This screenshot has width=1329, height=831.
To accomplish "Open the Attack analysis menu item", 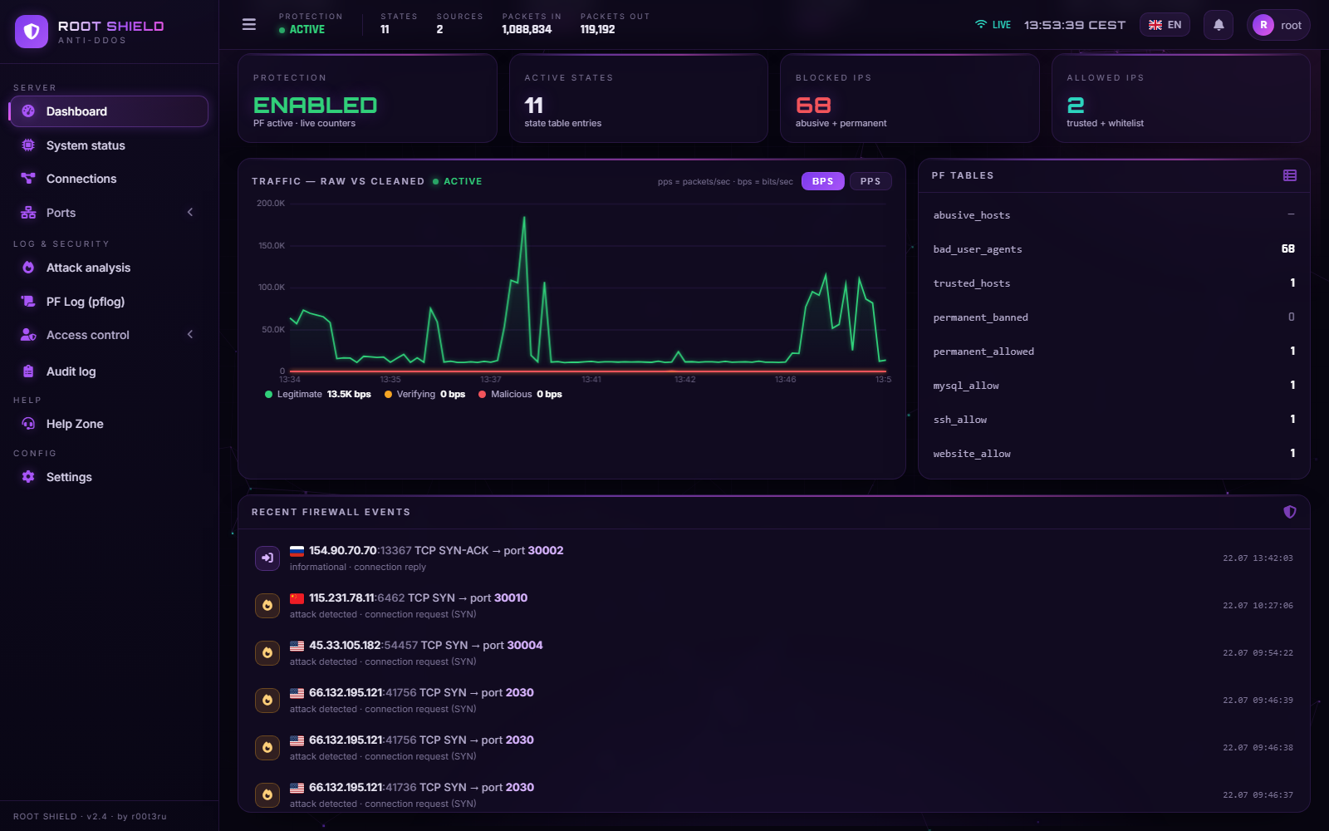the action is point(88,268).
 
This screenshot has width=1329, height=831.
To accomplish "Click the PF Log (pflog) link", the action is point(85,302).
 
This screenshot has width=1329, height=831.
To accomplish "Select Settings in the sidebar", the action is point(69,477).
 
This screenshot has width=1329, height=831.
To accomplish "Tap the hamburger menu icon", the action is point(249,24).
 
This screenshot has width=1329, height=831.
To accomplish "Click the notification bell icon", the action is point(1218,25).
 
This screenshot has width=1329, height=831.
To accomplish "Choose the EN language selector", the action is point(1165,25).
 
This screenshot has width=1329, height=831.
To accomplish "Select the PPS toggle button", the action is point(870,181).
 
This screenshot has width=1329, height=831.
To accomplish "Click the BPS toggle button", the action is point(823,181).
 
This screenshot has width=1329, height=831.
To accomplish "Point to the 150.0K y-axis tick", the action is point(271,246).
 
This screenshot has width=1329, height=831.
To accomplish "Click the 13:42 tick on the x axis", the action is point(684,379).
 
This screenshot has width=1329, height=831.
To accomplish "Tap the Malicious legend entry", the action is point(520,394).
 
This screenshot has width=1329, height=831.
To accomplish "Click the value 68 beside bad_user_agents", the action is point(1287,248).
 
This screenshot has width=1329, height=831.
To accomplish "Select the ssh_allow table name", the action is point(960,420).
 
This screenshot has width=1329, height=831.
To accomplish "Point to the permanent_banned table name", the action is point(981,317).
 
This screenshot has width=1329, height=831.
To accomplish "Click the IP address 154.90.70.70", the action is point(343,551).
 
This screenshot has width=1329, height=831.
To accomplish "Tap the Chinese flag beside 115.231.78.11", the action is point(297,598).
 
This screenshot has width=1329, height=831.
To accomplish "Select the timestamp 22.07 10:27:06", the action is point(1258,606).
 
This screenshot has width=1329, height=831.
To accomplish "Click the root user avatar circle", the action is point(1263,25).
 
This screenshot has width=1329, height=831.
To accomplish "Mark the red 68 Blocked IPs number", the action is point(813,106).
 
